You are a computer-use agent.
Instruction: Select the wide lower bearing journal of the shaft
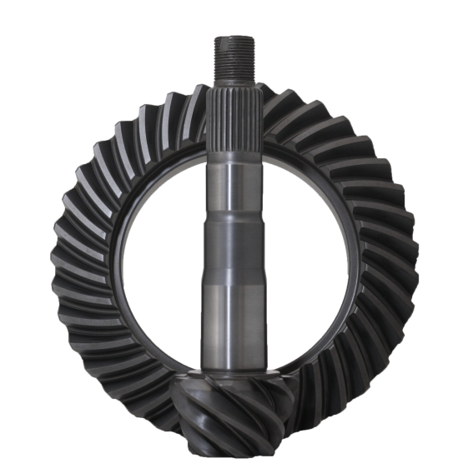(231, 325)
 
